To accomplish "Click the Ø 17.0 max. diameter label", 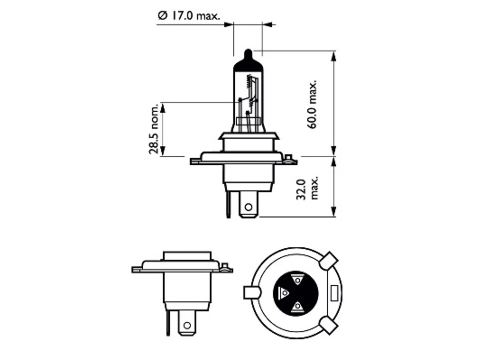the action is coord(189,16).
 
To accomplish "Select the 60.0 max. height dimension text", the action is coord(312,104).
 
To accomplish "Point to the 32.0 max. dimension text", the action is coord(307,190).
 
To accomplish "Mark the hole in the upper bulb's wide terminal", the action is coord(248,207).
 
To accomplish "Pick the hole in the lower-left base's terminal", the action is coord(187,325).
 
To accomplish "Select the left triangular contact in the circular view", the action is coord(284,292).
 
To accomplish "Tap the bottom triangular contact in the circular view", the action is coord(297,306).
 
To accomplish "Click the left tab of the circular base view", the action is coord(252,292).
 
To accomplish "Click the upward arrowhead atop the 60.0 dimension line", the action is coord(333,58).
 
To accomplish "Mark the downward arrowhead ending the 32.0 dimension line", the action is coord(333,211).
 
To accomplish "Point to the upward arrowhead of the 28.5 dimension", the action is coord(162,109).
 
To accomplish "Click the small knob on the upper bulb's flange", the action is coord(289,157).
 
